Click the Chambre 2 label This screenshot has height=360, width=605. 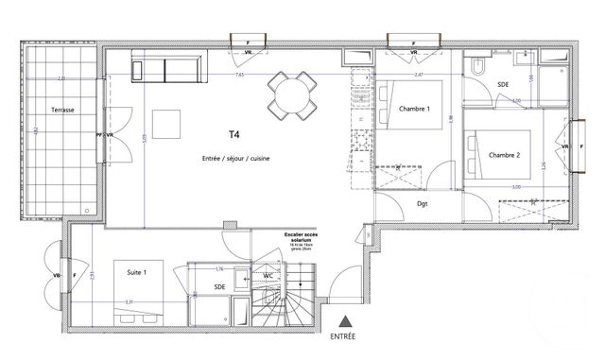click(507, 155)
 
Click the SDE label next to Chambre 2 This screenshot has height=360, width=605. click(503, 85)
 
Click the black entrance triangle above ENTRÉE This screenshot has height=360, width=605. click(346, 321)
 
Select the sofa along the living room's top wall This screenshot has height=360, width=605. click(166, 69)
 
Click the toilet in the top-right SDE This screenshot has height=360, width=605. click(479, 67)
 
